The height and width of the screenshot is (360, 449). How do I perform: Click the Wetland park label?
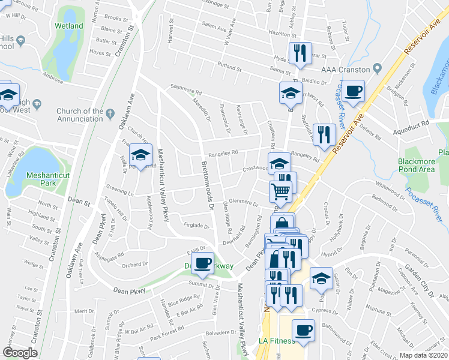[68, 26]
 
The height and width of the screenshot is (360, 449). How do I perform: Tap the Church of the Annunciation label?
[80, 114]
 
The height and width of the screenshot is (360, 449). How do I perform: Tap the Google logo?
[20, 353]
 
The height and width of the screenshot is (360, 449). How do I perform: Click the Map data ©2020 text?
[423, 355]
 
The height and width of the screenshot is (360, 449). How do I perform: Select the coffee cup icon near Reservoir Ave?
[354, 91]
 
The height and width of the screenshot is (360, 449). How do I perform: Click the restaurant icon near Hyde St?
[298, 53]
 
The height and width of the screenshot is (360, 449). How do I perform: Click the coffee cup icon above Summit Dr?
[203, 262]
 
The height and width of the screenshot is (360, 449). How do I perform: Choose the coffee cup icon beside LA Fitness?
[303, 330]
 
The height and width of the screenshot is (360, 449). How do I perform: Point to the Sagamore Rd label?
[186, 90]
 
